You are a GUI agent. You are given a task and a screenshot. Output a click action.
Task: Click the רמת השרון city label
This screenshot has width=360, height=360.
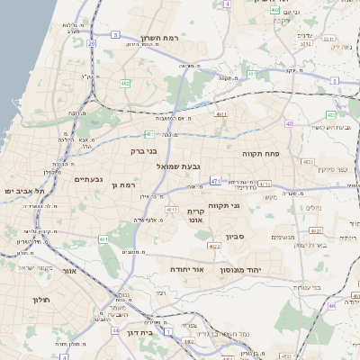(x=163, y=40)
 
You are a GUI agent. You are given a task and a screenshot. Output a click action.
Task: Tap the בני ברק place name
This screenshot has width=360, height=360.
(x=144, y=151)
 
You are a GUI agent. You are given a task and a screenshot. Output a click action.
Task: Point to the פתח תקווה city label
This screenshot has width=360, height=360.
(x=264, y=154)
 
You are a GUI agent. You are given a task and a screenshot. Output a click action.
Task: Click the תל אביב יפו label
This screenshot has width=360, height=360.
(x=23, y=192)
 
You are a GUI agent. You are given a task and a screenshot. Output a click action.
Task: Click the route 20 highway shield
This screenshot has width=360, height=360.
(x=92, y=42)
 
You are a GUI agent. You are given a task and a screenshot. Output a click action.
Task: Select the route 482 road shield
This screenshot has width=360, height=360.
(x=124, y=83)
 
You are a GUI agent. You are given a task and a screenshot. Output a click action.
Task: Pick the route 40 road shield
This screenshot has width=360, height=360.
(x=289, y=123)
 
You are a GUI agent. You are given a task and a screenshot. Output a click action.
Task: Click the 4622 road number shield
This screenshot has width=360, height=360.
(x=213, y=246)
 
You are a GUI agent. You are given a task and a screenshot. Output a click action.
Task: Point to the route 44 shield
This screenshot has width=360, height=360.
(x=116, y=330)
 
